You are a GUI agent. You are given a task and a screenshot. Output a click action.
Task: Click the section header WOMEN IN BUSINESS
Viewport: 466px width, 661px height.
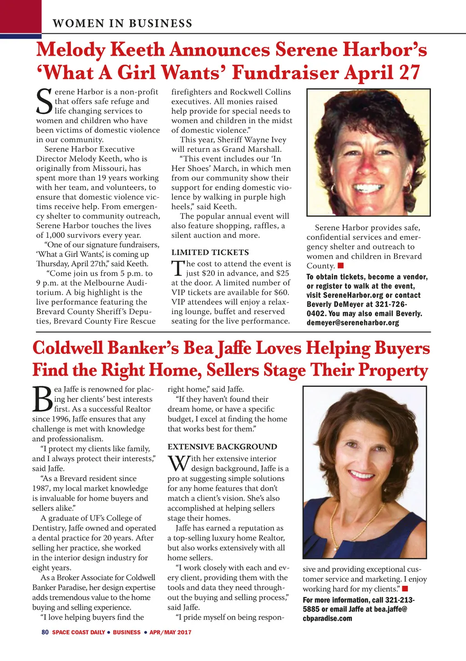(x=122, y=23)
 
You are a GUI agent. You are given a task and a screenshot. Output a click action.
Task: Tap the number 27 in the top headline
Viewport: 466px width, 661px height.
(x=410, y=73)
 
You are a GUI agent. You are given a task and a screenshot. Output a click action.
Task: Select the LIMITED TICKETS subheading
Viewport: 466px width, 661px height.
(x=210, y=252)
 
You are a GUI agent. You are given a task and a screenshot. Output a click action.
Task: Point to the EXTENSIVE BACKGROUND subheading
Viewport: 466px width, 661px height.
(x=222, y=447)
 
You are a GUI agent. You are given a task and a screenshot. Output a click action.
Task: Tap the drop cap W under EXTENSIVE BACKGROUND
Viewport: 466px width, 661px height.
(x=178, y=464)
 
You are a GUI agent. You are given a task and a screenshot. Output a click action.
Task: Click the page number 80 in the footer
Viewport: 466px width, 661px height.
(x=45, y=632)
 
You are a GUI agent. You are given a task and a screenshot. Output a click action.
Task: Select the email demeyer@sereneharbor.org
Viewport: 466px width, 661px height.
(x=353, y=323)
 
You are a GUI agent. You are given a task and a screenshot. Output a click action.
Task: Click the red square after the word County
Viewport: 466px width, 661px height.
(x=340, y=266)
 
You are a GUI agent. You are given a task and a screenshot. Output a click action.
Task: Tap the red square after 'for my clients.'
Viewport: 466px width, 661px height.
(x=405, y=589)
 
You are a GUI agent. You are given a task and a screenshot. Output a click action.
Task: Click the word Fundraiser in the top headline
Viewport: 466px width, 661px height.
(x=285, y=73)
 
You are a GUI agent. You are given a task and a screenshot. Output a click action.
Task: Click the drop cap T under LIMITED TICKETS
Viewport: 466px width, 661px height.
(x=177, y=268)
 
